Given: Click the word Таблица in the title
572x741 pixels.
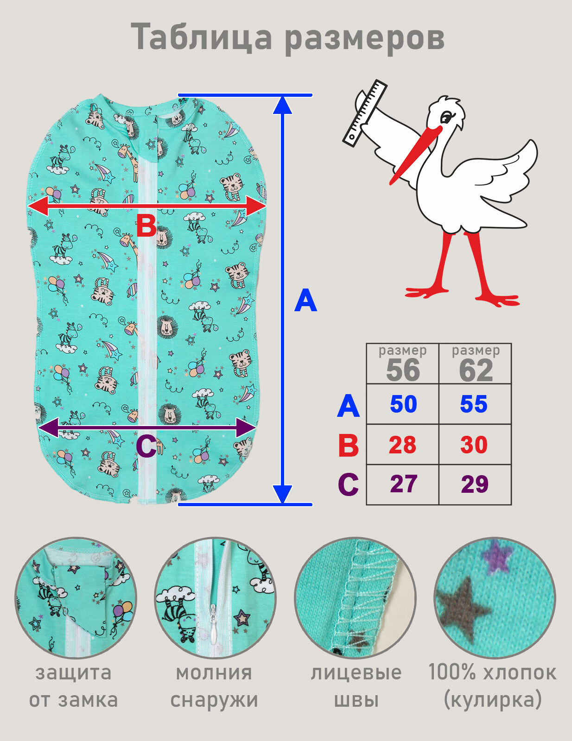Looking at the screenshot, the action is click(x=202, y=37).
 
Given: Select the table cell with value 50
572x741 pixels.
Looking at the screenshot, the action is click(x=403, y=404).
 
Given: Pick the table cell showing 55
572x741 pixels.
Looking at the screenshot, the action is click(x=475, y=404).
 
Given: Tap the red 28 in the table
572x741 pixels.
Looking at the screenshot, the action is click(x=403, y=445).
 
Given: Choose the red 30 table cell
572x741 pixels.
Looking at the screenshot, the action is click(x=475, y=445).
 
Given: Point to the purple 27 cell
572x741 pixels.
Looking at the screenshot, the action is click(x=403, y=484).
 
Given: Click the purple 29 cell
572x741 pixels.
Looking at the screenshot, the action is click(x=475, y=484).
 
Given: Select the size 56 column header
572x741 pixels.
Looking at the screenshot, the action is click(x=403, y=364).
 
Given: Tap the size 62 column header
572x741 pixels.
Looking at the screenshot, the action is click(x=475, y=364).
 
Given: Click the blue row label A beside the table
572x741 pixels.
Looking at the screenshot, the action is click(x=349, y=406).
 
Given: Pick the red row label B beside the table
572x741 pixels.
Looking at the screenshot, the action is click(x=349, y=446).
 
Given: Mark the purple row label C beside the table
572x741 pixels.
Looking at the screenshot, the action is click(x=349, y=484).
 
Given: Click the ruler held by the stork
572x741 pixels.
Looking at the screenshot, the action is click(x=365, y=113).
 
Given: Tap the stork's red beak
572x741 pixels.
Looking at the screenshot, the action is click(x=416, y=155).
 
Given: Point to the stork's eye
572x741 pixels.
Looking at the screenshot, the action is click(x=446, y=118).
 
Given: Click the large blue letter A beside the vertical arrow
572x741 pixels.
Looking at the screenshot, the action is click(x=306, y=300).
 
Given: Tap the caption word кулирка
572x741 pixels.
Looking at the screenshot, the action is click(x=493, y=700).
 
